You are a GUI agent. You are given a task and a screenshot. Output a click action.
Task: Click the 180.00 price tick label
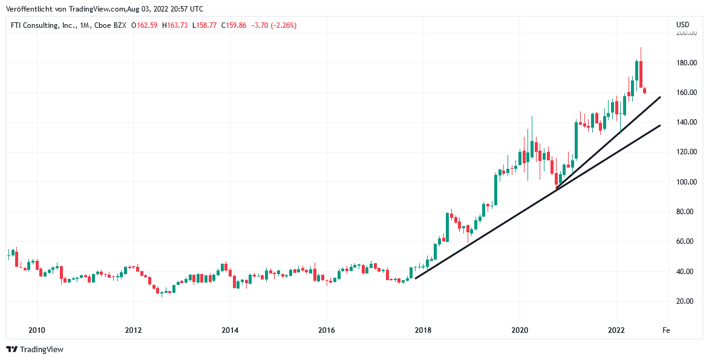[x=686, y=63]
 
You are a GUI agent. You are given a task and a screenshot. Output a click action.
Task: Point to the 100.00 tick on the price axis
[x=686, y=182]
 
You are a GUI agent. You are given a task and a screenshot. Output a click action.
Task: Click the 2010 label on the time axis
[x=37, y=330]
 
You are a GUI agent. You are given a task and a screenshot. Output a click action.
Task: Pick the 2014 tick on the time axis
[x=230, y=330]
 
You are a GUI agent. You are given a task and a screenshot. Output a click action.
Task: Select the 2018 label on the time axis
[x=423, y=330]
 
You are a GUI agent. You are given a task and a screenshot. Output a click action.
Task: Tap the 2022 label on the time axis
[x=616, y=330]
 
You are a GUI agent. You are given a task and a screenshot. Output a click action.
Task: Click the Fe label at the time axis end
[x=665, y=330]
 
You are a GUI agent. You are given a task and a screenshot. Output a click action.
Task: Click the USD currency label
[x=682, y=25]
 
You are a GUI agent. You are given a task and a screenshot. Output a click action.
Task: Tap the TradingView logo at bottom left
[x=34, y=349]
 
